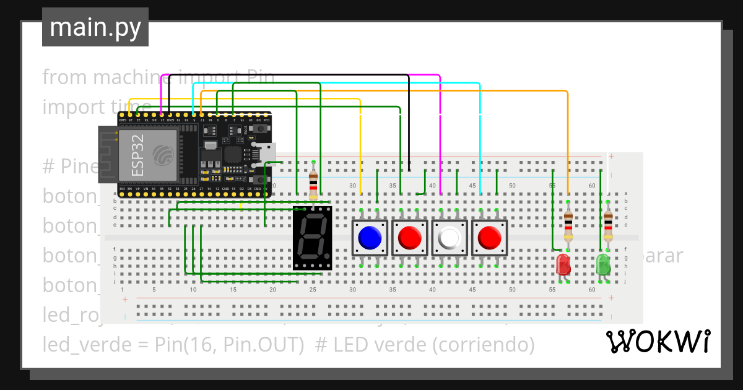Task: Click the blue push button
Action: pyautogui.click(x=370, y=237)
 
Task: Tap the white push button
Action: pyautogui.click(x=450, y=237)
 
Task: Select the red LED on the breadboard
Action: pyautogui.click(x=563, y=264)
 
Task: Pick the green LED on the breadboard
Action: pyautogui.click(x=603, y=264)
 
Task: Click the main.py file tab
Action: pyautogui.click(x=95, y=28)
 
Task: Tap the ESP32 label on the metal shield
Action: pyautogui.click(x=139, y=155)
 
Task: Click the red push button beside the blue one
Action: pyautogui.click(x=409, y=237)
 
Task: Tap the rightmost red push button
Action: pyautogui.click(x=489, y=237)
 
